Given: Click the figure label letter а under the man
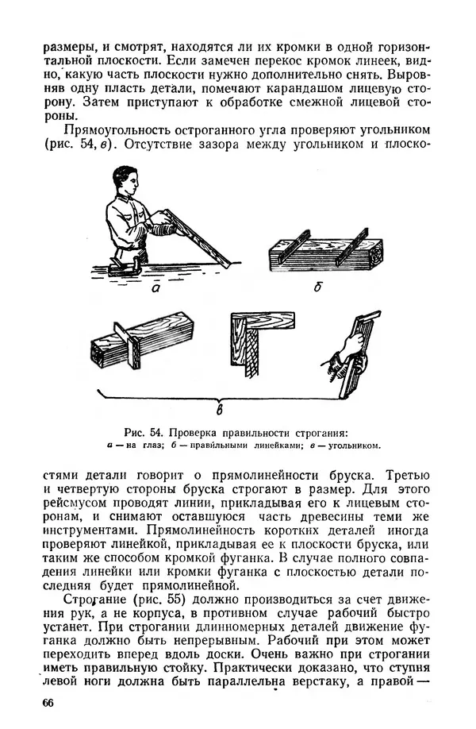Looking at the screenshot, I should click(159, 288).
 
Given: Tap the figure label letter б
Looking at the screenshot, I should click(317, 287).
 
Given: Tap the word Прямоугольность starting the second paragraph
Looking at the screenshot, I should click(125, 129).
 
